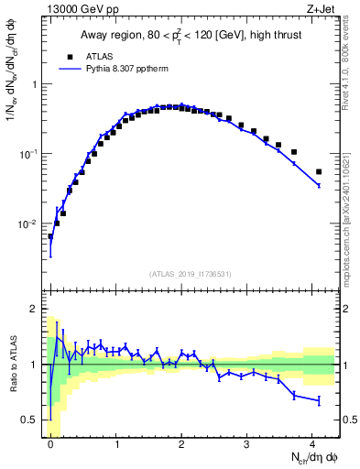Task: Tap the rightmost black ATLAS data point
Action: pos(319,171)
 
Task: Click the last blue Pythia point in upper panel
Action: pos(319,185)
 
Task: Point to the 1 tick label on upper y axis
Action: pos(35,84)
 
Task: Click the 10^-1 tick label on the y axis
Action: pos(28,154)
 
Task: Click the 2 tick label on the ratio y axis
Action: pos(35,309)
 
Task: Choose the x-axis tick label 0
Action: pos(50,443)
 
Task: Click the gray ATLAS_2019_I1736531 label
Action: pos(191,275)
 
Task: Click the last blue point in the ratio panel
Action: pos(319,400)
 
